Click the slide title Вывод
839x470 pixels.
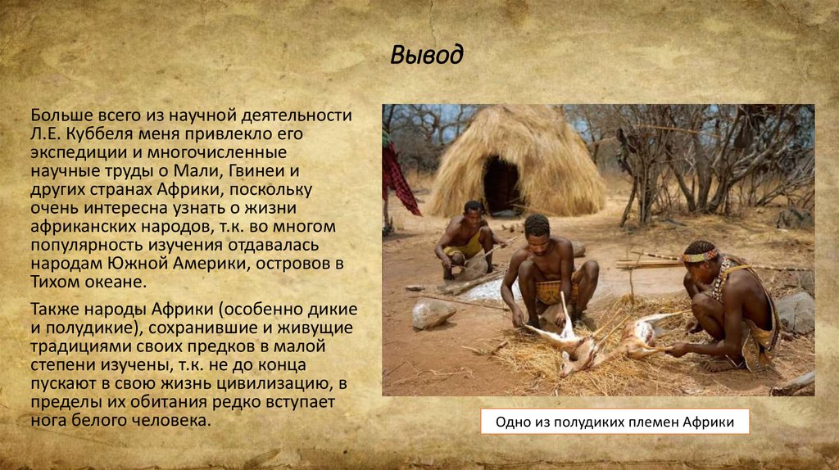pyautogui.click(x=426, y=55)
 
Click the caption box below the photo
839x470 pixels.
pyautogui.click(x=615, y=423)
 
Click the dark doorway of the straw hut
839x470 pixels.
pyautogui.click(x=501, y=184)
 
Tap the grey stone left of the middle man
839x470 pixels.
pyautogui.click(x=432, y=313)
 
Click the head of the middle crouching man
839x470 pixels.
pyautogui.click(x=537, y=227)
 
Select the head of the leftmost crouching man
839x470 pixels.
pyautogui.click(x=474, y=210)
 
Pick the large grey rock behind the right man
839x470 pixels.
pyautogui.click(x=795, y=311)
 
